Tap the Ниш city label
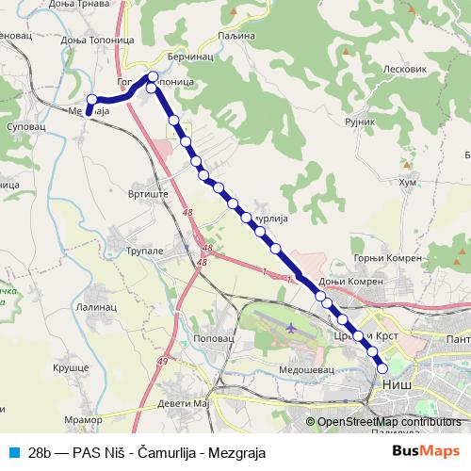tap(398, 384)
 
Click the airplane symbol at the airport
tap(289, 329)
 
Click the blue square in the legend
tap(14, 451)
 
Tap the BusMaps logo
tap(426, 451)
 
